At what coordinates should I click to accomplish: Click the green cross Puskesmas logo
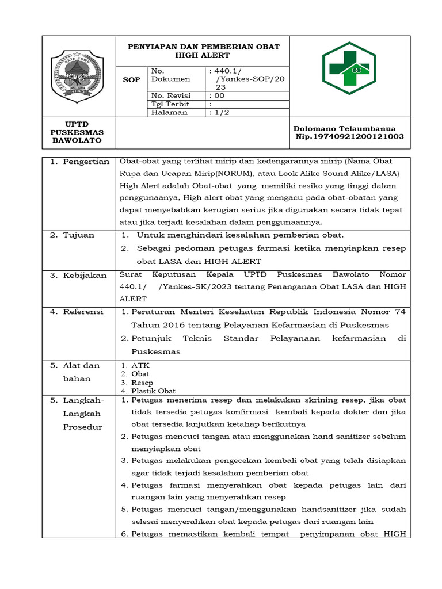(349, 64)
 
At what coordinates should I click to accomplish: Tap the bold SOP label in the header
(132, 80)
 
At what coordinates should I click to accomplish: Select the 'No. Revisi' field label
(170, 95)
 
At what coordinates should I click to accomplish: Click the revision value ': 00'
(217, 95)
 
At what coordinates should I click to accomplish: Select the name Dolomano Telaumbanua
(344, 128)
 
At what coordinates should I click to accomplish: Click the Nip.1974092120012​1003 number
(349, 136)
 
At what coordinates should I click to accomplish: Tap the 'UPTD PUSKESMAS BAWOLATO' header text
(77, 132)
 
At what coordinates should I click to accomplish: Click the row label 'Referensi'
(84, 312)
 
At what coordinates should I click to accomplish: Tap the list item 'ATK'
(140, 365)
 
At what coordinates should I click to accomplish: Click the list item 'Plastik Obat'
(154, 391)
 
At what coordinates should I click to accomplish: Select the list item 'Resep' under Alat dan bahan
(142, 383)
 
